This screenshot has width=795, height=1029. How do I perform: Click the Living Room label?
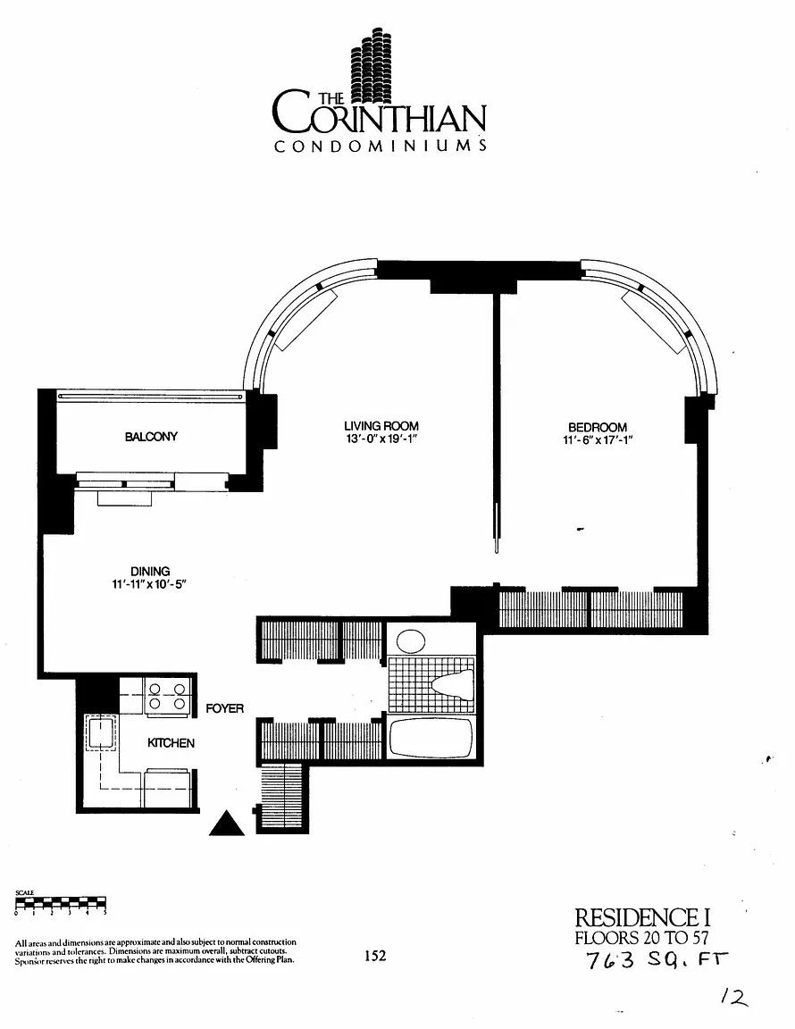click(x=381, y=426)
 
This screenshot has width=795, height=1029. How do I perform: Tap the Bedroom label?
click(x=598, y=427)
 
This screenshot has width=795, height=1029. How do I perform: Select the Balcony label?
click(x=151, y=437)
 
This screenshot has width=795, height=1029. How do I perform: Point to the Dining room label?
click(x=150, y=571)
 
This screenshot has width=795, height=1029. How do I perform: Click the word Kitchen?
click(x=171, y=743)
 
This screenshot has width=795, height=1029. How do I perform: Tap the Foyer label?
click(x=224, y=708)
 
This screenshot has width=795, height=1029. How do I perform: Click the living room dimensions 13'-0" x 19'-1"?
click(x=381, y=439)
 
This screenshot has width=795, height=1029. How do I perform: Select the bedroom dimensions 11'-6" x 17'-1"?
click(x=598, y=440)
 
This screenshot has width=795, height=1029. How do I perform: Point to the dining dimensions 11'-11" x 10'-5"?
click(x=150, y=584)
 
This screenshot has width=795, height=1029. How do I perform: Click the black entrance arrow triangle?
click(x=227, y=824)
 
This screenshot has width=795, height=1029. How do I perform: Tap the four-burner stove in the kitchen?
click(x=167, y=697)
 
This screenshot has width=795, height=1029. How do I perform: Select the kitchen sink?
click(x=100, y=732)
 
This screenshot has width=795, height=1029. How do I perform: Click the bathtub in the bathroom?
click(x=431, y=739)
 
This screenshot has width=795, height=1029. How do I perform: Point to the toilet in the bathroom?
click(x=453, y=683)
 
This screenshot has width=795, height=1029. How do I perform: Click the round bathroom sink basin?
click(x=411, y=640)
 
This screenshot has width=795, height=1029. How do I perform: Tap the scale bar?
click(x=61, y=904)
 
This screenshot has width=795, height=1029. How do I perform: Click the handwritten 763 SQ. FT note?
click(x=657, y=959)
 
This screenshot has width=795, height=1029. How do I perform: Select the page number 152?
click(x=375, y=956)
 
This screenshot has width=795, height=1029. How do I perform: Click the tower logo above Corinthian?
click(x=369, y=63)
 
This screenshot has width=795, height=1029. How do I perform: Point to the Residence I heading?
click(x=642, y=917)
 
